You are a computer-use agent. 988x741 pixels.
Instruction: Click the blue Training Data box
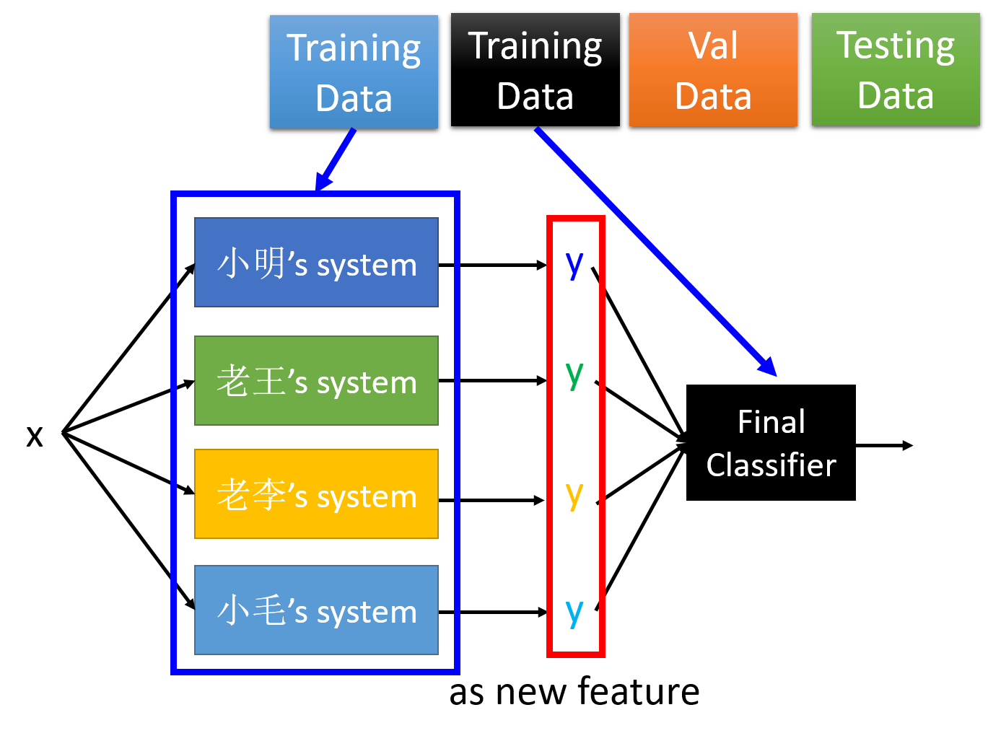point(354,72)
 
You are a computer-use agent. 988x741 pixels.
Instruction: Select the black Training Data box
point(535,70)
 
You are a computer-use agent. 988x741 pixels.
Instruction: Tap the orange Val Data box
point(713,70)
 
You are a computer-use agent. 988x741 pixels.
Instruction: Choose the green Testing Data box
point(896,70)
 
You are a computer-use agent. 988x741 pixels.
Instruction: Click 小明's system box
point(316,263)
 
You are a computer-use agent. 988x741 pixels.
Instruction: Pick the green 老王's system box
point(316,381)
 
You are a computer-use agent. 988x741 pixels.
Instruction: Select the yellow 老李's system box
point(316,494)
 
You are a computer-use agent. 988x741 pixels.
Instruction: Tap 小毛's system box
point(316,610)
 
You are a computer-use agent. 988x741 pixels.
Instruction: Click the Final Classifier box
point(771,443)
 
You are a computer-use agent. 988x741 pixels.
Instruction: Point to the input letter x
point(35,436)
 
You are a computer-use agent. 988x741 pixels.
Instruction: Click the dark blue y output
point(574,266)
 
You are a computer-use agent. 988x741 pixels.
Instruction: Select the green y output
point(574,376)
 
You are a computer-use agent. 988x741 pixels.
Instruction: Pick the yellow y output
point(574,496)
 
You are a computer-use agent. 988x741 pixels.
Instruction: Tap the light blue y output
point(574,613)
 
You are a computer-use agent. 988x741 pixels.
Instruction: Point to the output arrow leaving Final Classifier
point(884,445)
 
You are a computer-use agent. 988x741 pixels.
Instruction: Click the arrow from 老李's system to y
point(491,500)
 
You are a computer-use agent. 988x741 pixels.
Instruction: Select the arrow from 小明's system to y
point(492,266)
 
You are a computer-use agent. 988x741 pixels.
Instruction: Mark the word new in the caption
point(530,693)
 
